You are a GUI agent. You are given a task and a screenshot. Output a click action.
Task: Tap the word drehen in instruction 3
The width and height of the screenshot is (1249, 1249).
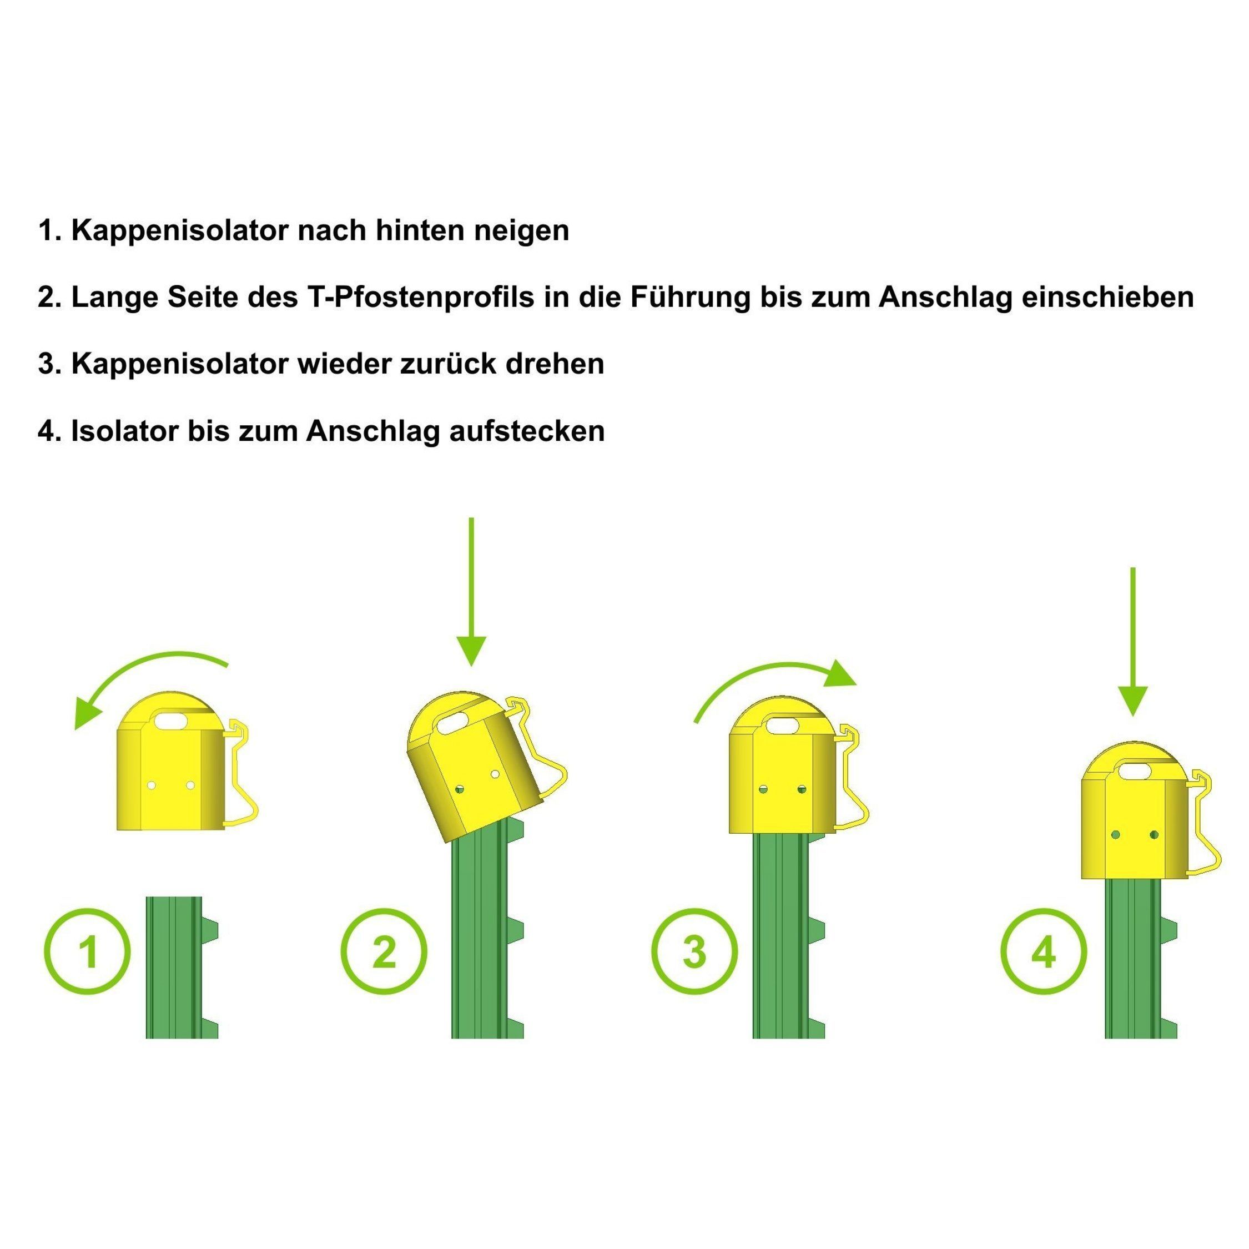[555, 364]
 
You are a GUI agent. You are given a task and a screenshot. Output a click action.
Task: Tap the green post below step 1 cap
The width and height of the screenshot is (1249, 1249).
[182, 967]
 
